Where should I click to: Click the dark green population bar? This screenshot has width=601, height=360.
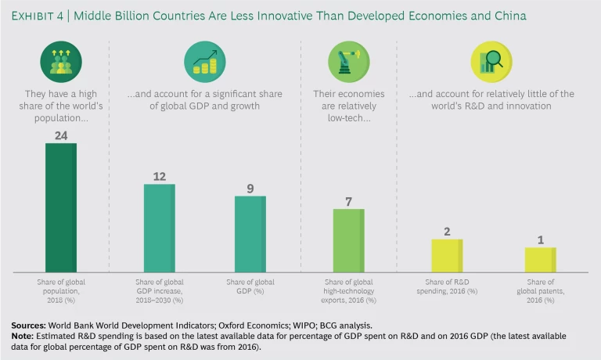coord(61,207)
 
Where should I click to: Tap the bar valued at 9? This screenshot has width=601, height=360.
coord(250,233)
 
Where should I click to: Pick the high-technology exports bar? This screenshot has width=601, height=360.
coord(348,239)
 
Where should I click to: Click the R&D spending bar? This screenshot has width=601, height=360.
coord(447,255)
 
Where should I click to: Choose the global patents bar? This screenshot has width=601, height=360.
coord(540,259)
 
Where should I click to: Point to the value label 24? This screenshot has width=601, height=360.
coord(61,135)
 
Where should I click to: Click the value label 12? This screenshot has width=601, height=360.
coord(159,176)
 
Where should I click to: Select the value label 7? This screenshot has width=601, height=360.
coord(348,201)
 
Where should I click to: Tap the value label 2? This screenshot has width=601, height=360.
coord(447,231)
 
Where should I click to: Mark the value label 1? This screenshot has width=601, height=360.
coord(540,239)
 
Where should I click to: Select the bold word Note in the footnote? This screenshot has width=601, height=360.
coord(23,335)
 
